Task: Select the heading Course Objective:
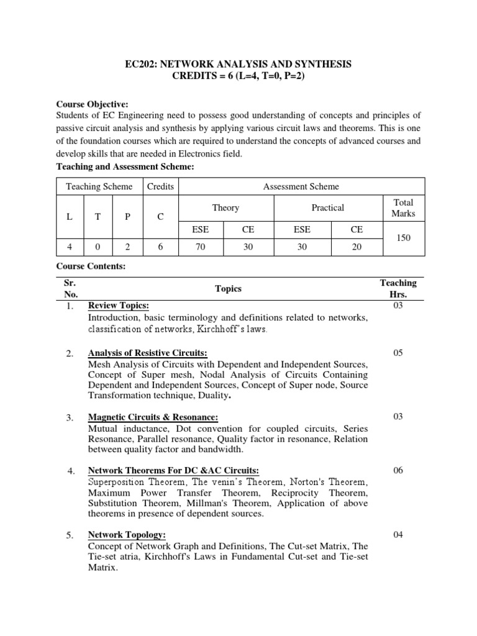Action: (93, 104)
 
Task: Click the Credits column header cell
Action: (160, 186)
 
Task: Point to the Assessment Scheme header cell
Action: (301, 186)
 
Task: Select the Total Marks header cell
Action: (402, 208)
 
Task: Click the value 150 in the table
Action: (402, 238)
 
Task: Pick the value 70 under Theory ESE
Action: (200, 246)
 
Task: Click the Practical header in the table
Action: (327, 208)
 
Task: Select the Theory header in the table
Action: (225, 208)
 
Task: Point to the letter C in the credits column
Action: (160, 217)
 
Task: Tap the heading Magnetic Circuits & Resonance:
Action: (153, 417)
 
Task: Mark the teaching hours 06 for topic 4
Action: (398, 470)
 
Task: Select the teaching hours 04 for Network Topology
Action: (398, 535)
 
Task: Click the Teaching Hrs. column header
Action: (398, 288)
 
